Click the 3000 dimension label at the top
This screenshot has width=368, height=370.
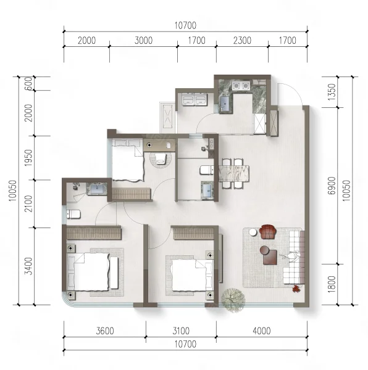[143, 40]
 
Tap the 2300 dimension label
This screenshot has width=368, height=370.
[242, 40]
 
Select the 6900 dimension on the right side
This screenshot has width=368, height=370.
[332, 186]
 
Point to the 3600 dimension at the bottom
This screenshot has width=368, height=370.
[105, 331]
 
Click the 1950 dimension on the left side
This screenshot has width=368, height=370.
[28, 157]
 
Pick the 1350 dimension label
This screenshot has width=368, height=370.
[332, 92]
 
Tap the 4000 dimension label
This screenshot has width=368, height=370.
[261, 331]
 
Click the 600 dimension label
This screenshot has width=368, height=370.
[28, 83]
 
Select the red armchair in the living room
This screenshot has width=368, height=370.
[268, 232]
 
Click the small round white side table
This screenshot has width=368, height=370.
[253, 232]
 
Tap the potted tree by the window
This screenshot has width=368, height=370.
[233, 300]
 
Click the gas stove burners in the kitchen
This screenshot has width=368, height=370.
[241, 85]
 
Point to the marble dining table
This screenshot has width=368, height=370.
[234, 173]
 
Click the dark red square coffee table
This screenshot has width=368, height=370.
[270, 257]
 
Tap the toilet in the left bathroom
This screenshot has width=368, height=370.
[73, 214]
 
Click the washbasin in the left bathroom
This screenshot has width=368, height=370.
[97, 189]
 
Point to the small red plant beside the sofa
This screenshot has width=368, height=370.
[296, 289]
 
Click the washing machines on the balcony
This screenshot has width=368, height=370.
[194, 99]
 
